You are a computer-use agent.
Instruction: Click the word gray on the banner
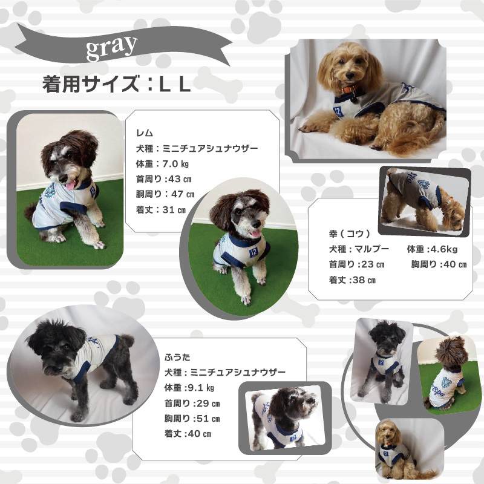pyautogui.click(x=111, y=47)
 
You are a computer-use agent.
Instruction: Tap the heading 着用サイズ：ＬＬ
pyautogui.click(x=116, y=84)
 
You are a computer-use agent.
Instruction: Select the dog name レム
pyautogui.click(x=145, y=133)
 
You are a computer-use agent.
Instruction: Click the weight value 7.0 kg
pyautogui.click(x=175, y=164)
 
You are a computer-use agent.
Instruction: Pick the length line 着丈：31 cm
pyautogui.click(x=161, y=210)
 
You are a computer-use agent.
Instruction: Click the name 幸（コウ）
pyautogui.click(x=350, y=234)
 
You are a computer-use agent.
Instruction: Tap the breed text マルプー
pyautogui.click(x=372, y=249)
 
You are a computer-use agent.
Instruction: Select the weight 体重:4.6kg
pyautogui.click(x=432, y=249)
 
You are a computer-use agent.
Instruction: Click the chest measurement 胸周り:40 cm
pyautogui.click(x=439, y=264)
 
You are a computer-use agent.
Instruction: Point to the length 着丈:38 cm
pyautogui.click(x=352, y=280)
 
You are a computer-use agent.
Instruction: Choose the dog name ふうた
pyautogui.click(x=177, y=358)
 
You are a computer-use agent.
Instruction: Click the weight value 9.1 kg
pyautogui.click(x=201, y=388)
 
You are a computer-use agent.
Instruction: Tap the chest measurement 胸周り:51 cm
pyautogui.click(x=192, y=419)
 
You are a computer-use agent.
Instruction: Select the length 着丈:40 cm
pyautogui.click(x=188, y=434)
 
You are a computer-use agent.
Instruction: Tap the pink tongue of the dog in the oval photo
pyautogui.click(x=256, y=233)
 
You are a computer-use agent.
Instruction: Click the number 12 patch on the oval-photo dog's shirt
pyautogui.click(x=253, y=252)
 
